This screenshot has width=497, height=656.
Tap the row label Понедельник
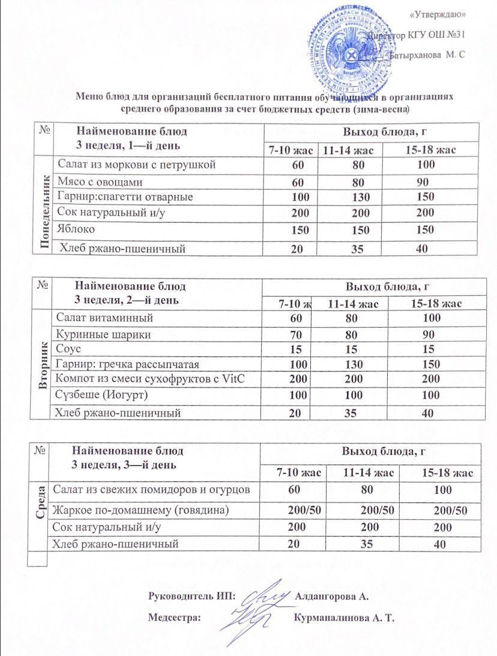click(x=44, y=205)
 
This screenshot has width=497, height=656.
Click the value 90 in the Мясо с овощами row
click(x=424, y=181)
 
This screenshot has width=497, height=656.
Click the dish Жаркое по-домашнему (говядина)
click(x=142, y=511)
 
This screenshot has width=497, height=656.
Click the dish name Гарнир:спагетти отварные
click(x=125, y=197)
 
